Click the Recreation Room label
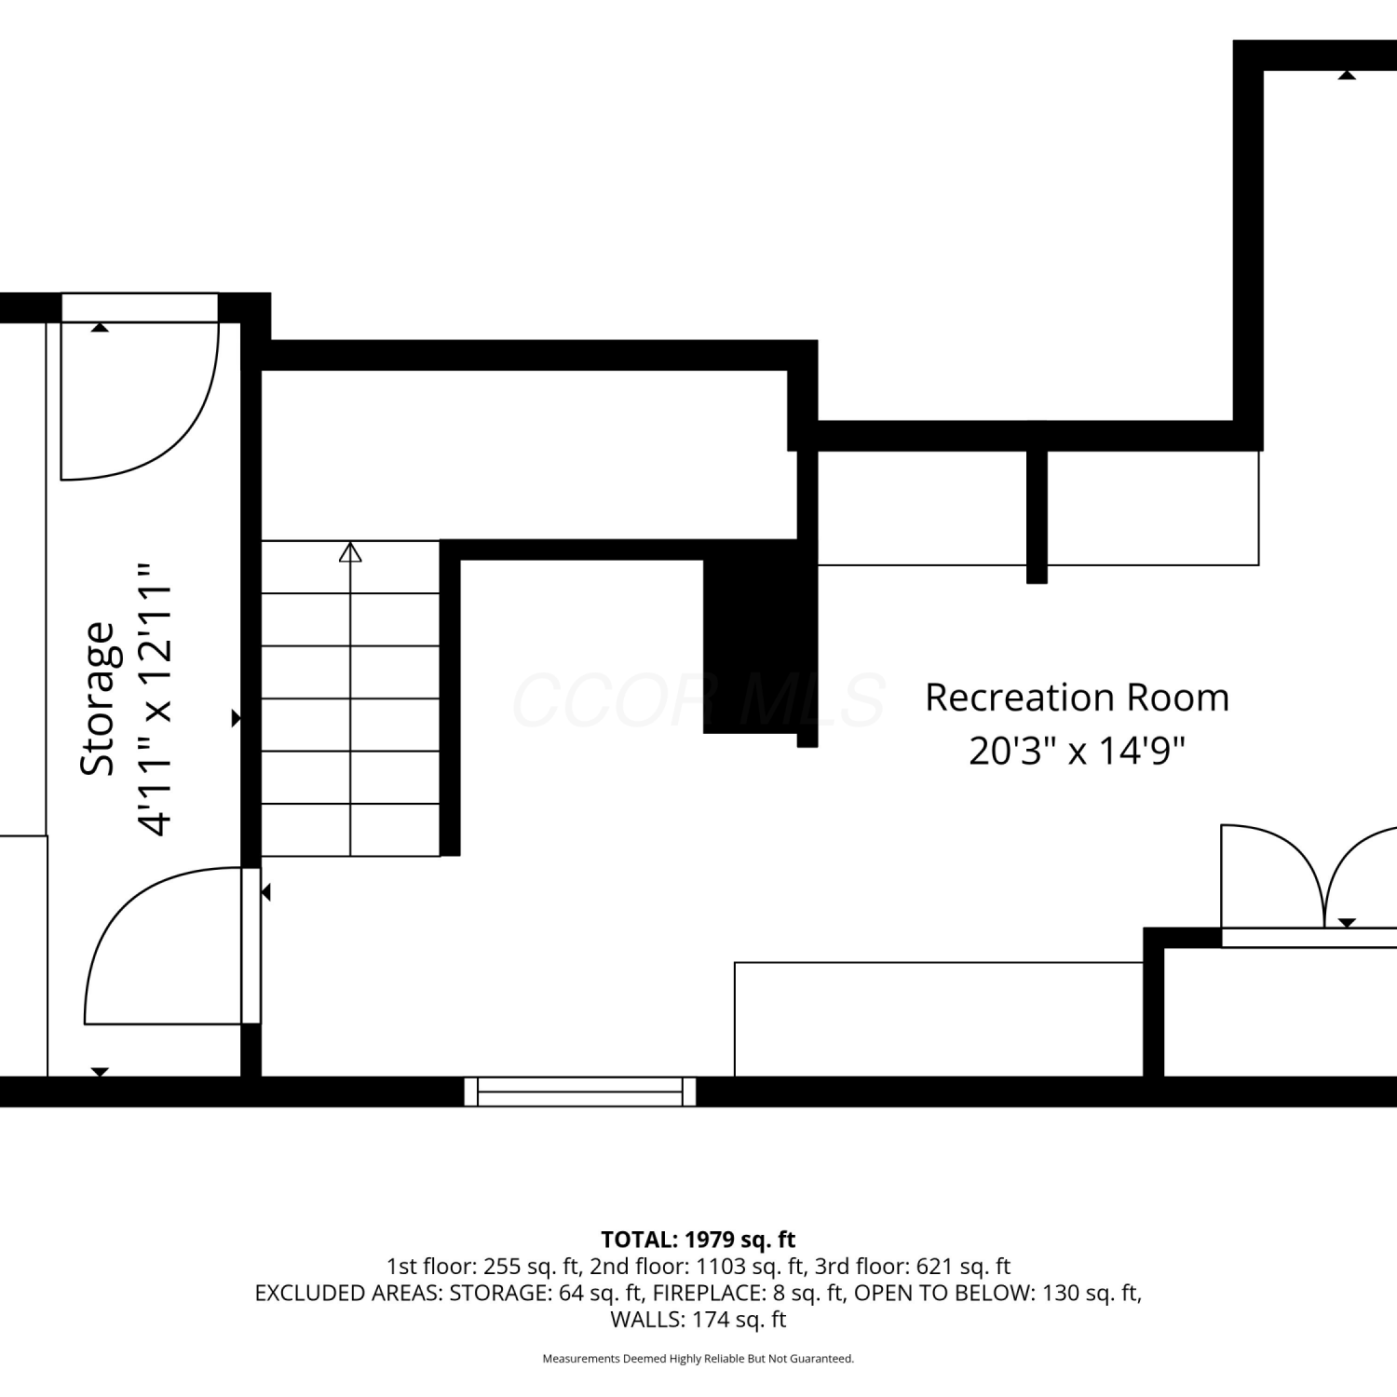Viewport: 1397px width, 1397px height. (1077, 698)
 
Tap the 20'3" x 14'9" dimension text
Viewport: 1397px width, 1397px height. (1077, 750)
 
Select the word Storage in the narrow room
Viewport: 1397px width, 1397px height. (97, 698)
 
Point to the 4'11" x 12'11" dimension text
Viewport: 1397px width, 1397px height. (155, 698)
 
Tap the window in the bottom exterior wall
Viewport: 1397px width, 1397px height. (580, 1092)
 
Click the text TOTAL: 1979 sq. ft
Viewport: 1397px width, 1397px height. (698, 1240)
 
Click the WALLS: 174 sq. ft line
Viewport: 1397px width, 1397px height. (698, 1320)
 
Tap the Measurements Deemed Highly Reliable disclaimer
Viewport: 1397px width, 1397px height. (698, 1359)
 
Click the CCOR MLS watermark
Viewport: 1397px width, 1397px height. (698, 700)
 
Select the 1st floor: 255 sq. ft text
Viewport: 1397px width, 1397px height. (483, 1267)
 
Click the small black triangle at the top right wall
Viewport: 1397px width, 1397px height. (1347, 75)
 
